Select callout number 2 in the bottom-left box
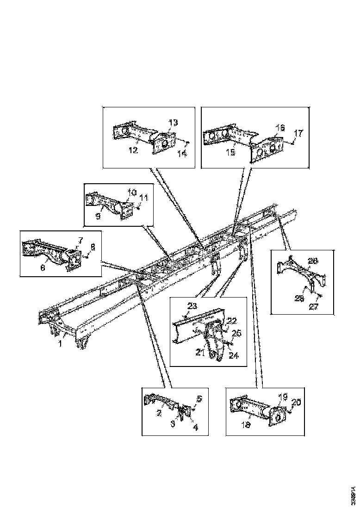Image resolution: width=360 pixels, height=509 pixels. coord(159,413)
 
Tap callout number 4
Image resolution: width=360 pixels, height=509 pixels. coord(195,428)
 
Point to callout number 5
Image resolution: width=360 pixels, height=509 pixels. coord(199,398)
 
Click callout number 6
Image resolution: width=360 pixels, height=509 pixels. coord(43,267)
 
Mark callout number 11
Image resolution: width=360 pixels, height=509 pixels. coord(144,198)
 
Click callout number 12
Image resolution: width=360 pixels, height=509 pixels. coord(134,150)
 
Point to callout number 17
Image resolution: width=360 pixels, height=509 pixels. coord(298,134)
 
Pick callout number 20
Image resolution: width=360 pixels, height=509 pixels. coord(296,403)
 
